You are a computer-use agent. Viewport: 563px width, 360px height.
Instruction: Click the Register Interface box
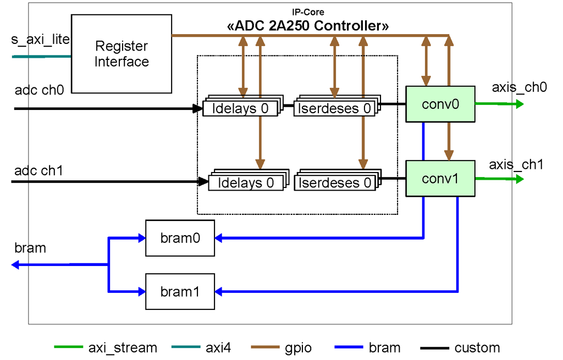click(x=122, y=54)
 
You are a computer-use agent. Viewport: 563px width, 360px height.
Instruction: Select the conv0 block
click(x=440, y=104)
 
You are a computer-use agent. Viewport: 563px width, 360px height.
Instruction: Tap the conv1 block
click(x=440, y=179)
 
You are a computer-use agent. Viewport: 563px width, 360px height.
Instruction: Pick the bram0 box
click(x=180, y=238)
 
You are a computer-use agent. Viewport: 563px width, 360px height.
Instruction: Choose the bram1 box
click(x=180, y=291)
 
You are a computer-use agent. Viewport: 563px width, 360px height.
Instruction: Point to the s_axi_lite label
click(x=40, y=39)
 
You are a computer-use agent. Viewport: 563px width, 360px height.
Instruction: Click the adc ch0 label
click(x=39, y=90)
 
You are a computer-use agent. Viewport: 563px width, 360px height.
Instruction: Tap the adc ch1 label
click(x=38, y=170)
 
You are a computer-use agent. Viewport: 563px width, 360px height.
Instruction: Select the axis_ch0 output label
click(x=519, y=87)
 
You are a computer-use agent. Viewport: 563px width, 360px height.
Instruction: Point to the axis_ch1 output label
click(x=516, y=165)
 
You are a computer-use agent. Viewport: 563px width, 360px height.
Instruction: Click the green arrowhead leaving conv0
click(x=520, y=104)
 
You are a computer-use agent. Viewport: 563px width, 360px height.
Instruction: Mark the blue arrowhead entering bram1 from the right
click(x=219, y=291)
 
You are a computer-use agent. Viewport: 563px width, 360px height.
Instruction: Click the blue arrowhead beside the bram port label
click(x=15, y=265)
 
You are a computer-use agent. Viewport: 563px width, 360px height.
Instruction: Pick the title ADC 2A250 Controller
click(x=308, y=26)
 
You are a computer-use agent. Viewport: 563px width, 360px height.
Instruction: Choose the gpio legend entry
click(x=281, y=347)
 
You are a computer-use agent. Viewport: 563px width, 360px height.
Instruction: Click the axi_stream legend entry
click(x=106, y=347)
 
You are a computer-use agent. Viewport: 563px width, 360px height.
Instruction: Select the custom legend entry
click(x=460, y=347)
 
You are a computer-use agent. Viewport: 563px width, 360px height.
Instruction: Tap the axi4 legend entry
click(x=201, y=347)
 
